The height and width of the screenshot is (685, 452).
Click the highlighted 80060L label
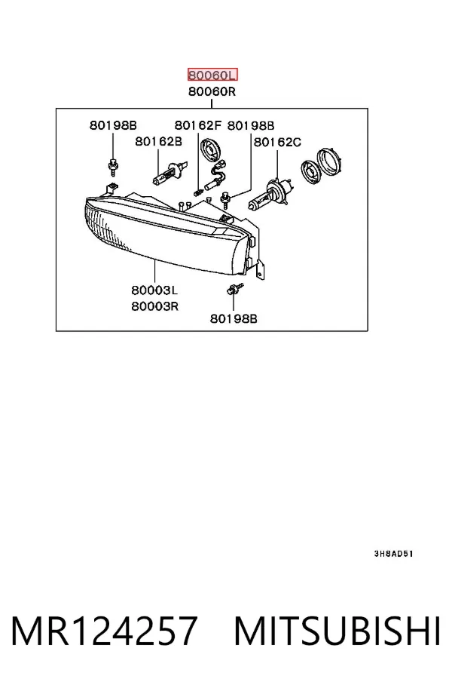coord(212,75)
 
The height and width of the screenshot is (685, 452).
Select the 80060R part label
coord(212,92)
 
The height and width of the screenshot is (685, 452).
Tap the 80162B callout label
coord(158,142)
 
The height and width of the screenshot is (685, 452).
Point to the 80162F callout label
coord(198,125)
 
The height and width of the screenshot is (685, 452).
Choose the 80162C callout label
coord(277,143)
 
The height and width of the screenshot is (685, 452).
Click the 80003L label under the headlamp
coord(154,290)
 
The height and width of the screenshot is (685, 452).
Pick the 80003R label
coord(155,306)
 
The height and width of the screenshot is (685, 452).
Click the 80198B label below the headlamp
coord(234,319)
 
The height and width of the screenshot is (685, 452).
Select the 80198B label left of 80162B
coord(114,125)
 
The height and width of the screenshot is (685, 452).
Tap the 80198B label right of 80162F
coord(251,126)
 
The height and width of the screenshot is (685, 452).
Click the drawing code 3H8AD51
coord(393,554)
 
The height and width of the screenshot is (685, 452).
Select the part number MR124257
coord(105,631)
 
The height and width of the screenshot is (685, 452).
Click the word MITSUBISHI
coord(337,631)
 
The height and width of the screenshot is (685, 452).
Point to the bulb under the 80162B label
coord(170,173)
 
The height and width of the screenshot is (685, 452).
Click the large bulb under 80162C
coord(270,195)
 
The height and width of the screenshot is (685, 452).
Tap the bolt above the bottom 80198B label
coord(234,289)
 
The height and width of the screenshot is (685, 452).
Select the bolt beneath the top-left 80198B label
coord(114,166)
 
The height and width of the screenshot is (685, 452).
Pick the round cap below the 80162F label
coord(210,150)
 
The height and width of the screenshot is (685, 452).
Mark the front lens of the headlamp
coord(161,238)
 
